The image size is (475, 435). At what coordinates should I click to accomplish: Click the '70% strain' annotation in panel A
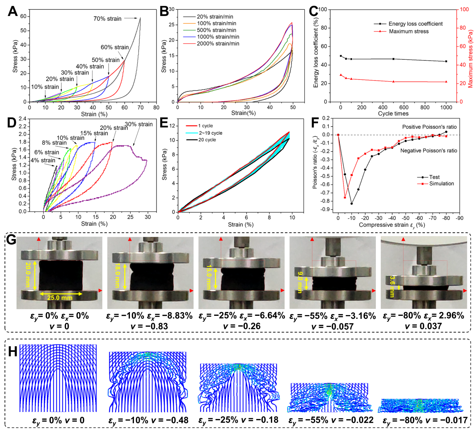click(x=107, y=19)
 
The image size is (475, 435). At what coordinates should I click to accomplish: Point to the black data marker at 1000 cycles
click(x=446, y=61)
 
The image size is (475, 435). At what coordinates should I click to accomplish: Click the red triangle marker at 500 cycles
click(x=393, y=82)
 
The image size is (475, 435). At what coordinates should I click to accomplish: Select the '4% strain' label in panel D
click(x=43, y=160)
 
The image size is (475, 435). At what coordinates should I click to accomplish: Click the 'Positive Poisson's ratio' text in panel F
click(x=429, y=127)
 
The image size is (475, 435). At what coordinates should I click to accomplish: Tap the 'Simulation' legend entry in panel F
click(x=442, y=183)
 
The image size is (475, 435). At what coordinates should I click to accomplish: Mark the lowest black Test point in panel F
click(x=351, y=203)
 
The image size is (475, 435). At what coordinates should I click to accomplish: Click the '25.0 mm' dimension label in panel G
click(x=59, y=298)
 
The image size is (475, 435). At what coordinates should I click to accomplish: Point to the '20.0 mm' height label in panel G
click(x=28, y=275)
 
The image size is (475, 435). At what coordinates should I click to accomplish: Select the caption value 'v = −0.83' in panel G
click(x=149, y=326)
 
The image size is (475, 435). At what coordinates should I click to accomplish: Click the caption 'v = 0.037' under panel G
click(x=423, y=326)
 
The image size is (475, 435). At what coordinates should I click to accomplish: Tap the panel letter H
click(x=13, y=351)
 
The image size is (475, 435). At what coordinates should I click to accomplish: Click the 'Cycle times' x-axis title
click(x=393, y=114)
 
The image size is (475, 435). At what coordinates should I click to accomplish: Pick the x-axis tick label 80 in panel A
click(x=156, y=108)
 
